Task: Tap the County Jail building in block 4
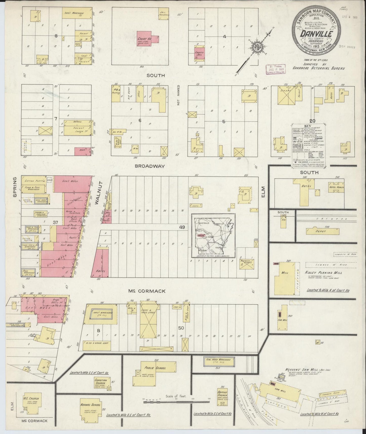199,53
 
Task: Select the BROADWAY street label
150,166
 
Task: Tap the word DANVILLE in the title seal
315,34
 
